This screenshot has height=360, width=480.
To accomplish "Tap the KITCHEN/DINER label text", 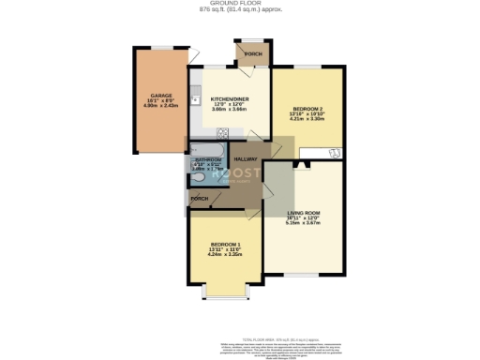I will tap(228, 98).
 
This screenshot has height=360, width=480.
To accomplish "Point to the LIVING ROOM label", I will tap(304, 214).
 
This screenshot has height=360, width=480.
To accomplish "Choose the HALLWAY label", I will tap(246, 159).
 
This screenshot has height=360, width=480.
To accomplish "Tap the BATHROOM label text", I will tap(205, 160).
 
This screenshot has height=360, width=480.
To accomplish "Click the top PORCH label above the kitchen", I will tap(252, 54).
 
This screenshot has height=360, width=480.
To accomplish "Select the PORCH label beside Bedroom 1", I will tap(199, 199).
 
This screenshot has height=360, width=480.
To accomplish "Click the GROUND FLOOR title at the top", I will tap(240, 4).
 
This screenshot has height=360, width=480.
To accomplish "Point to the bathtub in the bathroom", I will tap(205, 149).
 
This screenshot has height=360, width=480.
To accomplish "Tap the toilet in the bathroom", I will tap(195, 179).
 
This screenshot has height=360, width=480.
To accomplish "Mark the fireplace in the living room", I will tap(303, 163).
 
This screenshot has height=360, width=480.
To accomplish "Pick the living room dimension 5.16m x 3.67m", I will tap(304, 224).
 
